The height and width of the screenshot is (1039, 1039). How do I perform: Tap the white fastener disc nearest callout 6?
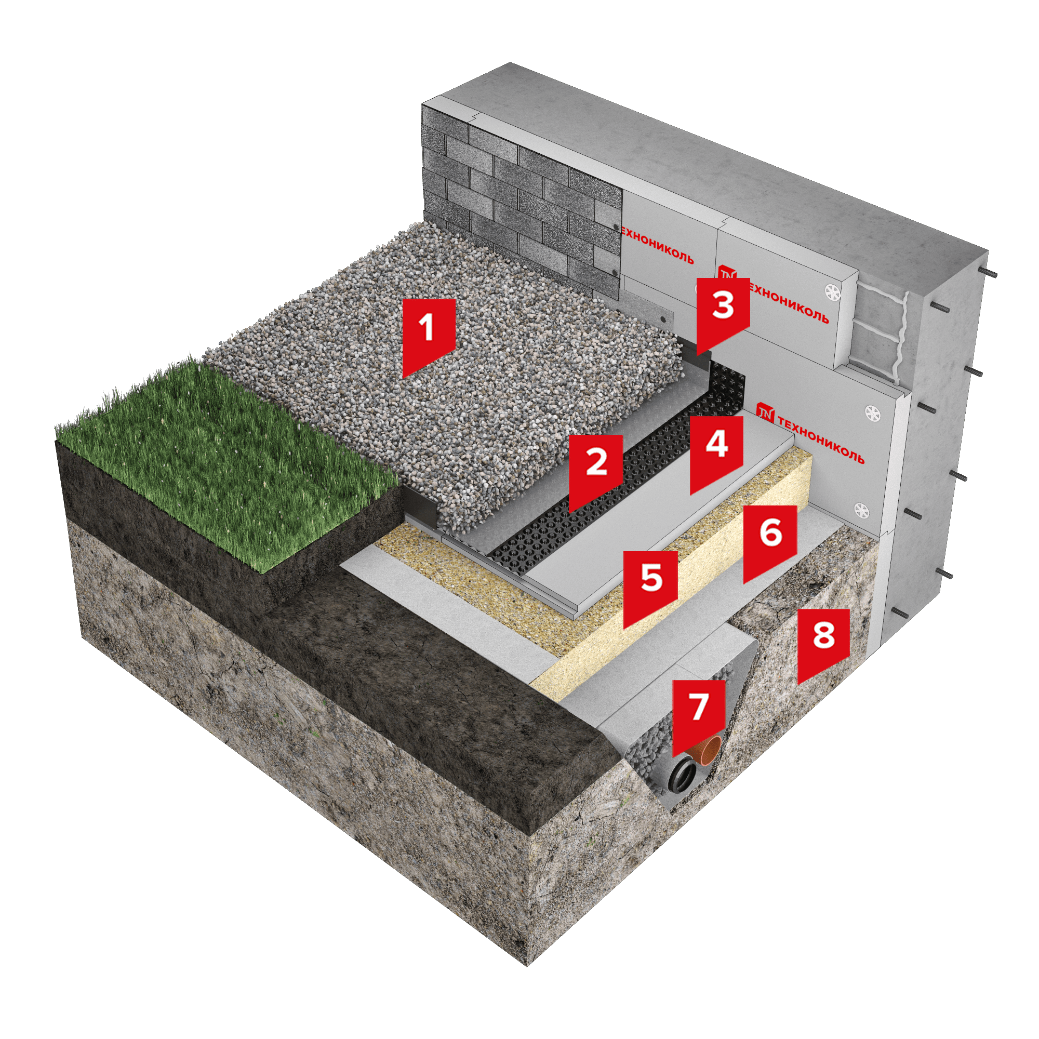tap(861, 509)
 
